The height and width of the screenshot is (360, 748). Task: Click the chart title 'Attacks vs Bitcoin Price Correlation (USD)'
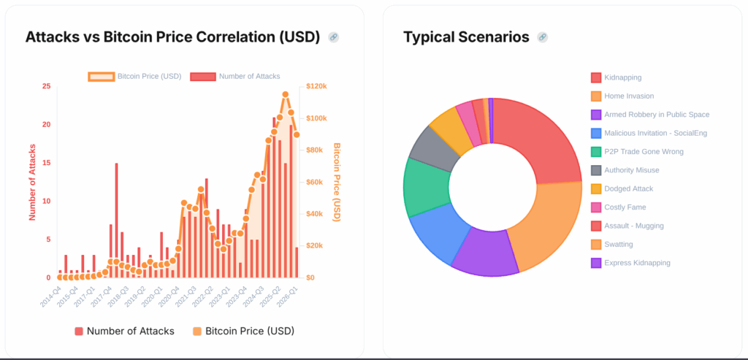coord(172,37)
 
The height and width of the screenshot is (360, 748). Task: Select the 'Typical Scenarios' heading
coord(466,37)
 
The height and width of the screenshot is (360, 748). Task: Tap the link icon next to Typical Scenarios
coord(542,37)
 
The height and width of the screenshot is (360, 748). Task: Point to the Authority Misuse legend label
coord(631,170)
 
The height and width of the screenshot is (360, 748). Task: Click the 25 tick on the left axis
coord(47,86)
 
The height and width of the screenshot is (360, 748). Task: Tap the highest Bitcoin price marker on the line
coord(285,94)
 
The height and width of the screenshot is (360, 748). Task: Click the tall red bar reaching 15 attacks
coord(116,219)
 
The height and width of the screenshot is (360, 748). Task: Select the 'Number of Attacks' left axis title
coord(32,182)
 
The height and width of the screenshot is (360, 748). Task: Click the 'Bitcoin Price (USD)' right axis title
coord(337,182)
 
